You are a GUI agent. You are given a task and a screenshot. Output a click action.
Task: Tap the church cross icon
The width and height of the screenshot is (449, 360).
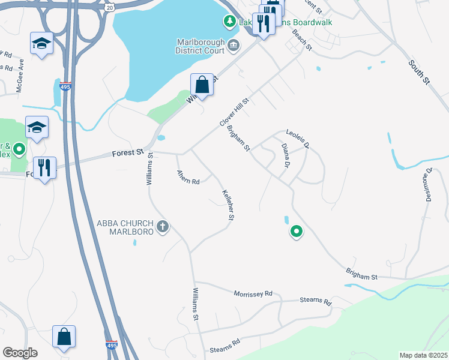[x=162, y=227]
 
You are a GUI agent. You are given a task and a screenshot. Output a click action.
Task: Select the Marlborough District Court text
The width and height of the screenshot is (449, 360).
[x=200, y=46]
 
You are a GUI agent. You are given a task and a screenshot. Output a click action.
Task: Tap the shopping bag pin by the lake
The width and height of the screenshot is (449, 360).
[x=202, y=85]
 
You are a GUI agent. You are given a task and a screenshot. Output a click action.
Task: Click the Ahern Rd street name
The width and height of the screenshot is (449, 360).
[x=188, y=178]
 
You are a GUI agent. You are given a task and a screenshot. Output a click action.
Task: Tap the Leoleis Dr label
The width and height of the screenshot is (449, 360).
[x=297, y=137]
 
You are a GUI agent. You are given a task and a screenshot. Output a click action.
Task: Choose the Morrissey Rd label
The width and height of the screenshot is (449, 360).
[x=252, y=293]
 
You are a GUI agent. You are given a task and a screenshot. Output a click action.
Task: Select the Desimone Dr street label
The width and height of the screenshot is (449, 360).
[x=429, y=184]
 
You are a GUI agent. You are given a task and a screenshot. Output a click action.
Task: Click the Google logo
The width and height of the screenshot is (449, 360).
[x=20, y=353]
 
